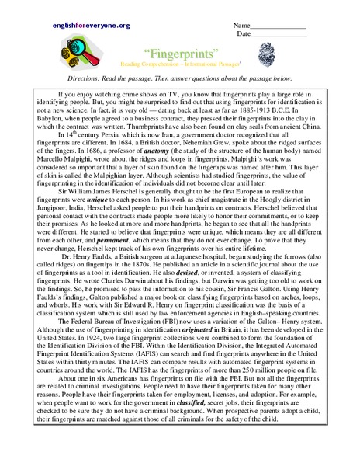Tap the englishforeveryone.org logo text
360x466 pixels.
pyautogui.click(x=92, y=26)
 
